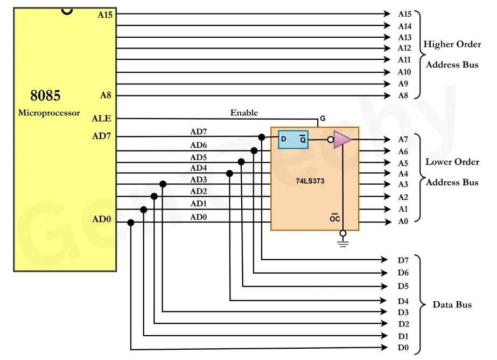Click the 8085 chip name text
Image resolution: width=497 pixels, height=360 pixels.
tap(45, 95)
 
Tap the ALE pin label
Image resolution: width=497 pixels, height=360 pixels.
tap(101, 118)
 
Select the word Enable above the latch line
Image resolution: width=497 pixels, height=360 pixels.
tap(244, 113)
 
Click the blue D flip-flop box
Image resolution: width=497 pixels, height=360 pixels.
tap(293, 139)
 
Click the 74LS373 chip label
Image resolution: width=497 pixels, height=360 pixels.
tap(310, 181)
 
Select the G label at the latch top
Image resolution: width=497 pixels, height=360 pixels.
tap(323, 118)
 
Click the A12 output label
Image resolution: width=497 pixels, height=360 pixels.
tap(404, 48)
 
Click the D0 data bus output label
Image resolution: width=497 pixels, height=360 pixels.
tap(403, 348)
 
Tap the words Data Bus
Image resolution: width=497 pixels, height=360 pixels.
tap(452, 304)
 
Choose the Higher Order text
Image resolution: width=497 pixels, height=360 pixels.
tap(452, 44)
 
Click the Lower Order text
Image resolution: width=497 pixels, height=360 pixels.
tap(452, 162)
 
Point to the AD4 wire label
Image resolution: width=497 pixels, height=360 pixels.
tap(198, 168)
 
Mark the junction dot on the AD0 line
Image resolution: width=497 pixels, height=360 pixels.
tap(131, 222)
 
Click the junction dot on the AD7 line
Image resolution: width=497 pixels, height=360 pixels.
tap(262, 137)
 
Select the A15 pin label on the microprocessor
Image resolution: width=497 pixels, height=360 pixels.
tap(105, 15)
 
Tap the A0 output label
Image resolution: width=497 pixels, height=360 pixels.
tap(403, 221)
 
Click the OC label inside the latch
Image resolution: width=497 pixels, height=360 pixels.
tap(334, 218)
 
